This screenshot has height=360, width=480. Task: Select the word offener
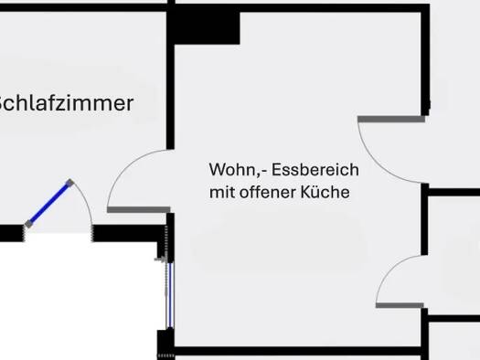click(271, 193)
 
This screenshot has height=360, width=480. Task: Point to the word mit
click(223, 193)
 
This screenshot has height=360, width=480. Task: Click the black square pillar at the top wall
click(207, 26)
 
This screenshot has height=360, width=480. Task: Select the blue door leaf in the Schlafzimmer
click(48, 203)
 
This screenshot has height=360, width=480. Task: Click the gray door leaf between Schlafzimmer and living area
click(138, 209)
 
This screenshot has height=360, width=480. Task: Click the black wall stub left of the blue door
click(10, 233)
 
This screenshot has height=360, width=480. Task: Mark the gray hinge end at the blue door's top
click(69, 182)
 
